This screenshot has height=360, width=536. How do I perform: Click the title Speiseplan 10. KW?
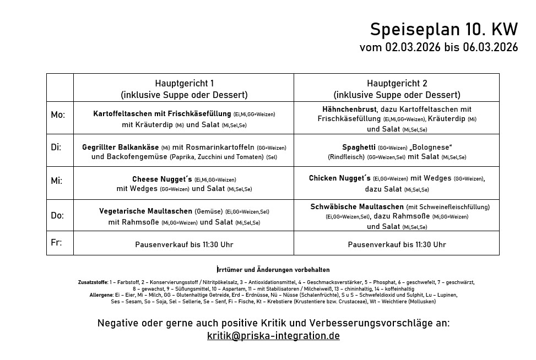click(443, 29)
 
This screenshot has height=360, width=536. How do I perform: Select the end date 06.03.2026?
click(490, 48)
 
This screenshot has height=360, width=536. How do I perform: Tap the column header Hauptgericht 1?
click(184, 84)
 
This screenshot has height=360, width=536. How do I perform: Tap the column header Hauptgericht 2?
click(397, 84)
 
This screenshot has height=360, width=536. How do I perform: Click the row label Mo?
click(58, 115)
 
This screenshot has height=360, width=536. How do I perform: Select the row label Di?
click(56, 148)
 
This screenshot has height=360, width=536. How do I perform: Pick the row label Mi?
click(57, 181)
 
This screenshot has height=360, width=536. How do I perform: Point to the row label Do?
click(57, 215)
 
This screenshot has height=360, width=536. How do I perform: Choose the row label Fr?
click(56, 242)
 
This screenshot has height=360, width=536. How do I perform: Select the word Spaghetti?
click(359, 148)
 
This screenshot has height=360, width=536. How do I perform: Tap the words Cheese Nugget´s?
click(162, 179)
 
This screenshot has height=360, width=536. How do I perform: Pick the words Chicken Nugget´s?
click(340, 178)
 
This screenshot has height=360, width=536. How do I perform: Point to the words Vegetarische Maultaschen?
click(145, 211)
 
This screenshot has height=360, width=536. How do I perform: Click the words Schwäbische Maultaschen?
click(356, 207)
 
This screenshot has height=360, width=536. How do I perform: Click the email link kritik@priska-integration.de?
click(273, 336)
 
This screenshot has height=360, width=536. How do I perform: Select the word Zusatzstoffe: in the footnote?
click(93, 282)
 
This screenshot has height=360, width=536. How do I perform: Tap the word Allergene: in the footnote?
click(101, 295)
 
